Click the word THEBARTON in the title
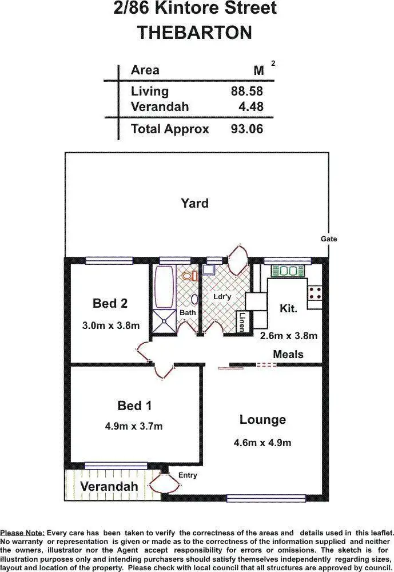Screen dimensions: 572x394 [194, 32]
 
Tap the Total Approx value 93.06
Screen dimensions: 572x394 [246, 129]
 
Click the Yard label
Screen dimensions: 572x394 [194, 203]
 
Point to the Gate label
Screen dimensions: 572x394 [329, 239]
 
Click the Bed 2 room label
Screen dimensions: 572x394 [110, 303]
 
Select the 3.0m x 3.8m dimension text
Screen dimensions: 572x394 [111, 325]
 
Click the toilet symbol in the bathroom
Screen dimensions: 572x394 [189, 276]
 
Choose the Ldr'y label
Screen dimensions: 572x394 [221, 297]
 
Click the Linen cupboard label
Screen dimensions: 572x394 [242, 321]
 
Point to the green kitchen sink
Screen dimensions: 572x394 [288, 271]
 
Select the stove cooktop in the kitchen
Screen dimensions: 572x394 [315, 293]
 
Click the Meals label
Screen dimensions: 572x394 [288, 355]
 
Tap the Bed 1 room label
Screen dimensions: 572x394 [134, 406]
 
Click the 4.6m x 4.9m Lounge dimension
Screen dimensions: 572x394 [262, 443]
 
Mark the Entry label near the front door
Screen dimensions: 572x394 [188, 475]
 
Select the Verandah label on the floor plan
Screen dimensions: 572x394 [109, 487]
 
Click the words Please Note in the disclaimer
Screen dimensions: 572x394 [22, 533]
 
